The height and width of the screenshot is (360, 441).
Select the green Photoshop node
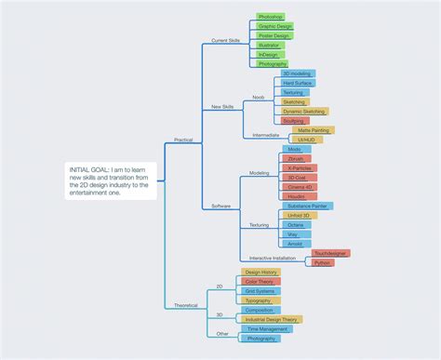coord(271,17)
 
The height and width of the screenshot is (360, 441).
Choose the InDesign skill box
coord(269,54)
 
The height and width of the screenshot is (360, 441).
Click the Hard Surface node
coord(299,83)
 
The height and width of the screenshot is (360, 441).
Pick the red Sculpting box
coord(293,120)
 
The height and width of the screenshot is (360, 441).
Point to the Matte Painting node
coord(314,130)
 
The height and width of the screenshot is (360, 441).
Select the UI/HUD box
coord(310,140)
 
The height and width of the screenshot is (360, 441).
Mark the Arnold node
coord(295,244)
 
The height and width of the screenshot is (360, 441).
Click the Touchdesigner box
coord(331,253)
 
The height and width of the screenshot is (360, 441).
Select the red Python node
coord(322,263)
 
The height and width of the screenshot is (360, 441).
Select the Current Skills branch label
coord(226,41)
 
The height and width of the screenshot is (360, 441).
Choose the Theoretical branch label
coord(185,305)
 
